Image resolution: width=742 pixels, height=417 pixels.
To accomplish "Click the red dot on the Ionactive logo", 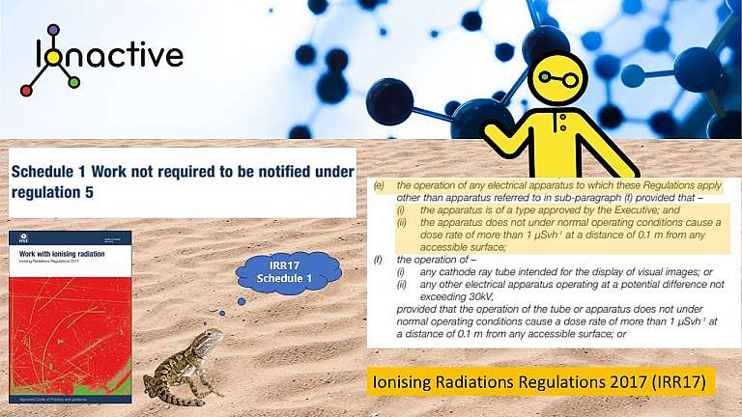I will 27,91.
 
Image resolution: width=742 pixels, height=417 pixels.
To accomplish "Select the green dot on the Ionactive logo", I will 74,83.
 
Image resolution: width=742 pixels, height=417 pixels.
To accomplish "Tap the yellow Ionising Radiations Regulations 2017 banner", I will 541,383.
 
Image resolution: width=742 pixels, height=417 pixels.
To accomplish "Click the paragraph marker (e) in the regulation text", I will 379,184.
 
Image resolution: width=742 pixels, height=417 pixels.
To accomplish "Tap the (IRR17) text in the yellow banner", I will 677,383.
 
